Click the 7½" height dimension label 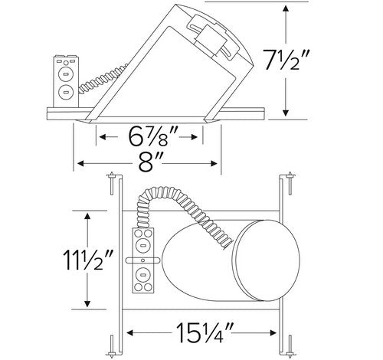(x=286, y=61)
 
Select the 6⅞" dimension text (x=152, y=136)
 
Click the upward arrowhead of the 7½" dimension (x=286, y=8)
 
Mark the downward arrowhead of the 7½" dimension (x=286, y=113)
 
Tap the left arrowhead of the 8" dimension (x=80, y=163)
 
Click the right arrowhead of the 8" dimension (x=214, y=163)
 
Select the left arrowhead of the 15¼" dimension (x=129, y=332)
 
